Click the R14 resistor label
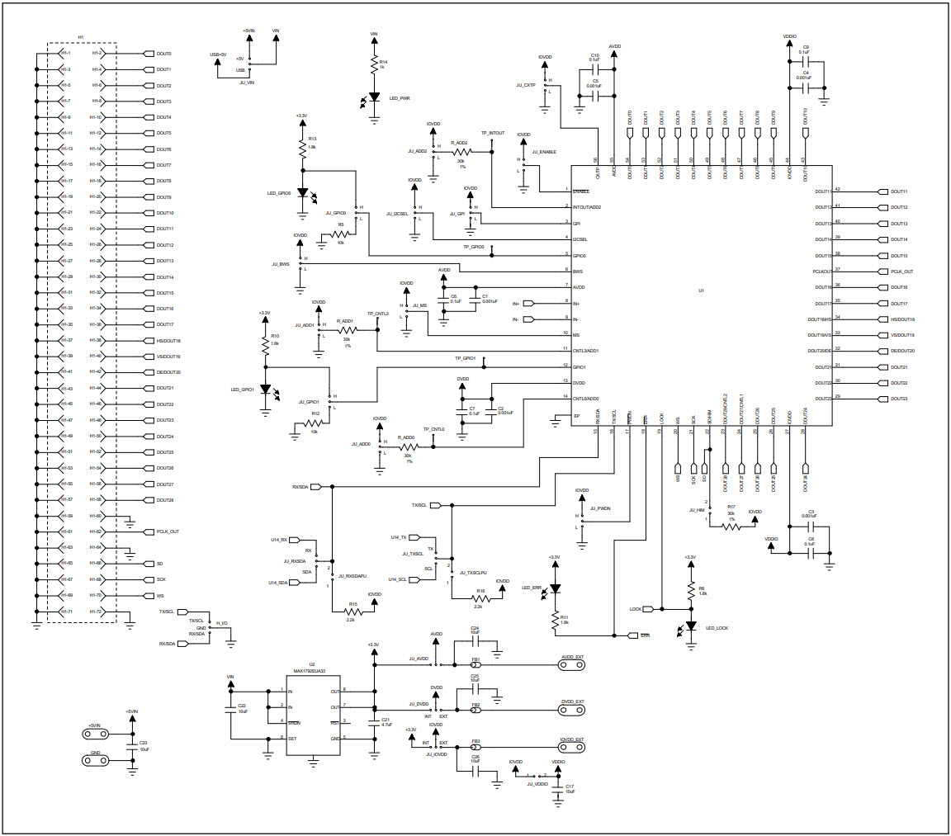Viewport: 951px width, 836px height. pos(383,62)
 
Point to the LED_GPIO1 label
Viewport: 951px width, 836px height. pos(242,389)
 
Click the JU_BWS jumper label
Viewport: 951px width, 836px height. pos(280,264)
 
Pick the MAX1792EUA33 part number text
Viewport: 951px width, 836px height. pos(309,671)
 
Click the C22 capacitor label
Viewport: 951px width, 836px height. pos(242,706)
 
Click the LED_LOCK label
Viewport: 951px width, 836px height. pos(717,628)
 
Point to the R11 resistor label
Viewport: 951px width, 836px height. pos(564,616)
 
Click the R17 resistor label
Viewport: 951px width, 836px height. pos(731,507)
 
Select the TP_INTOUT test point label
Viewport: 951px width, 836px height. pos(493,132)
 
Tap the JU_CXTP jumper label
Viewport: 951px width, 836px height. pos(525,85)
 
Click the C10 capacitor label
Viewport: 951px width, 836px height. pos(594,54)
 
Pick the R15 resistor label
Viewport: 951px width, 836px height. pos(352,603)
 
